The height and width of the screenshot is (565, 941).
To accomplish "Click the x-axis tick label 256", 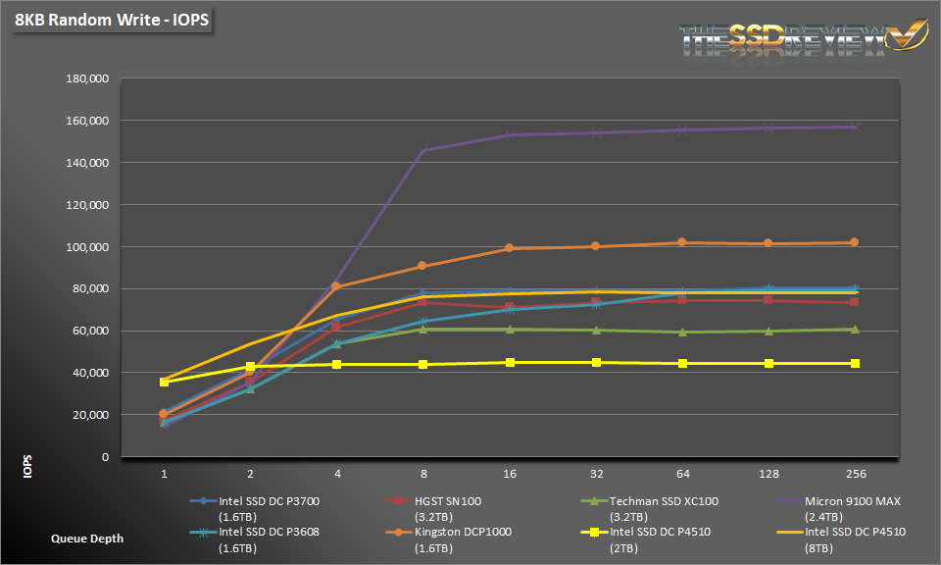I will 854,474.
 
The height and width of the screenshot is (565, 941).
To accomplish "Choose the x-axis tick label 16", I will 509,474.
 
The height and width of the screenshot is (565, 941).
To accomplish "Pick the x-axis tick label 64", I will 681,474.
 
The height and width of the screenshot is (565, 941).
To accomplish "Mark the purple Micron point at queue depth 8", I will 422,151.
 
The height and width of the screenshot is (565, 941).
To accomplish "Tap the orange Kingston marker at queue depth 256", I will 854,242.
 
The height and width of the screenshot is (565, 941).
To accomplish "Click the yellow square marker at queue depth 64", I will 681,364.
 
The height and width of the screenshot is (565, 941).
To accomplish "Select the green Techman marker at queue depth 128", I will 768,331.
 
